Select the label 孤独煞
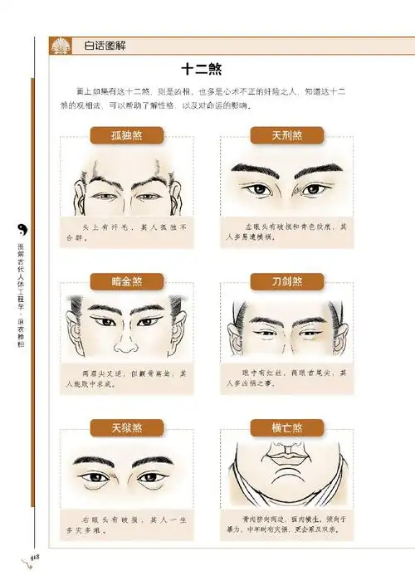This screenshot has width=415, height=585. point(127,136)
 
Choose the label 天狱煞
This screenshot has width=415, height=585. point(127,428)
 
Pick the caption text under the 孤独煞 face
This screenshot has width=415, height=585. point(127,231)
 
